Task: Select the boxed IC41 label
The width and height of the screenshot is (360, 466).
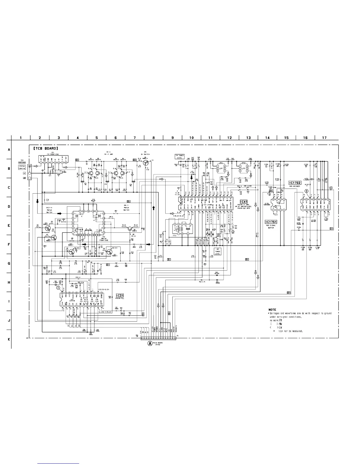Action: click(x=244, y=202)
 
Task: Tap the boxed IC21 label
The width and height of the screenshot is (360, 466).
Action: click(x=119, y=295)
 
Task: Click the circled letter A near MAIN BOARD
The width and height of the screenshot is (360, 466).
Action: click(x=150, y=343)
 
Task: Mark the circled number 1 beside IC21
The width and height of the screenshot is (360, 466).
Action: click(x=58, y=287)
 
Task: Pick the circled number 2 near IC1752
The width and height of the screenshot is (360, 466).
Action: click(x=306, y=191)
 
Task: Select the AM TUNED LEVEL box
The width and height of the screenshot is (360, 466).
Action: click(x=217, y=251)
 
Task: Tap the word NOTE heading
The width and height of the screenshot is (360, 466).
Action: click(x=272, y=309)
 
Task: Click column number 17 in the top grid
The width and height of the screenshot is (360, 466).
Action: click(x=324, y=138)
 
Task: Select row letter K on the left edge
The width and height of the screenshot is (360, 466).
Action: click(x=9, y=339)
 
